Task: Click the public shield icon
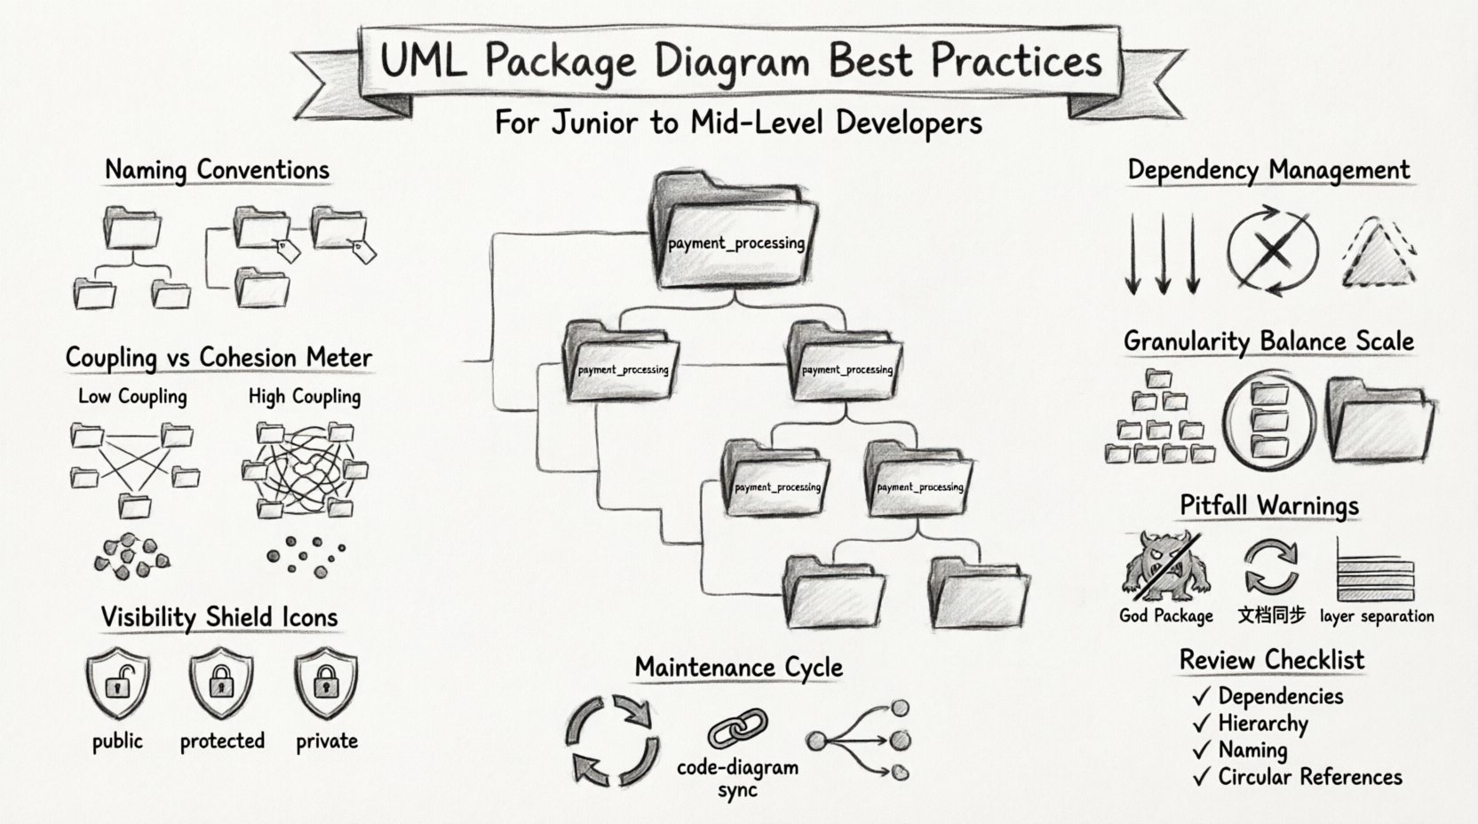pos(117,683)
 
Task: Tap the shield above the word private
pos(326,683)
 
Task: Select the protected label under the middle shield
pos(222,741)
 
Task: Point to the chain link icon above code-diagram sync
pos(737,727)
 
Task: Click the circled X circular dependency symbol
pos(1273,251)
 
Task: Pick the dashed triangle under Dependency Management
pos(1379,255)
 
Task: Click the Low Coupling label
pos(132,396)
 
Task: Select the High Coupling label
pos(305,396)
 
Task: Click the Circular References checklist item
pos(1309,777)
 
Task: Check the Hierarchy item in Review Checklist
pos(1262,724)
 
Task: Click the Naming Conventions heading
pos(217,170)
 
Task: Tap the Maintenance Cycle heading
pos(738,668)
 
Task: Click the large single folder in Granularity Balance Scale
pos(1379,420)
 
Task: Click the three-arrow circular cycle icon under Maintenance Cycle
pos(612,740)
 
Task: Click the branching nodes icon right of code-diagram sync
pos(860,740)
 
